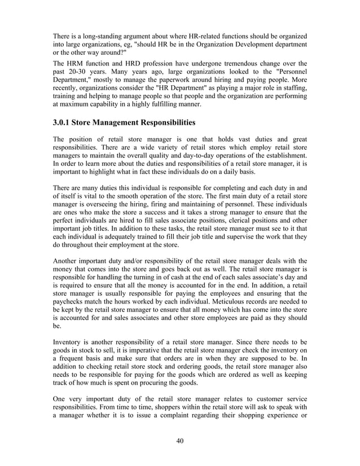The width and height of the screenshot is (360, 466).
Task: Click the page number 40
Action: coord(180,441)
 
